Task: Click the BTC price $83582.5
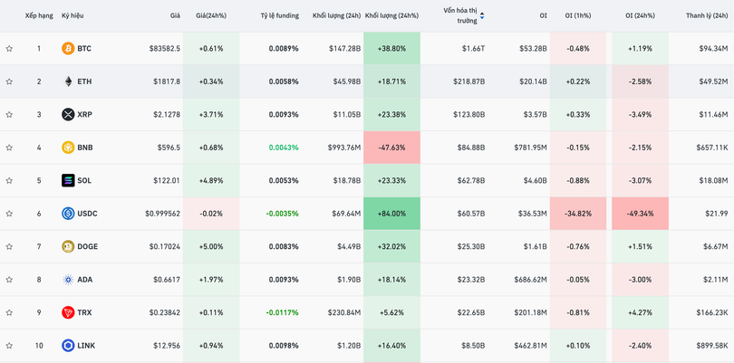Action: click(164, 48)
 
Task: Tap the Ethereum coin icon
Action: click(68, 81)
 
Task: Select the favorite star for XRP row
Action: click(9, 115)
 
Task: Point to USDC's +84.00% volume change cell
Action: click(391, 214)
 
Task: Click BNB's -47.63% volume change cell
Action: click(391, 148)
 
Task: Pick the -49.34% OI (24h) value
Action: click(640, 214)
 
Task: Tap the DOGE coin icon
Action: click(68, 246)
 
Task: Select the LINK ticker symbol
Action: click(86, 346)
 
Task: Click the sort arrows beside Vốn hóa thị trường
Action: click(482, 15)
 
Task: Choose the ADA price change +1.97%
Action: click(211, 280)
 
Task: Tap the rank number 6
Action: click(39, 214)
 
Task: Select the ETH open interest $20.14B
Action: click(532, 81)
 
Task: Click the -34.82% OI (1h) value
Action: click(577, 214)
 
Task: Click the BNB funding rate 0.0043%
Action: click(283, 148)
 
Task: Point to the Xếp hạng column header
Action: click(39, 15)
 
